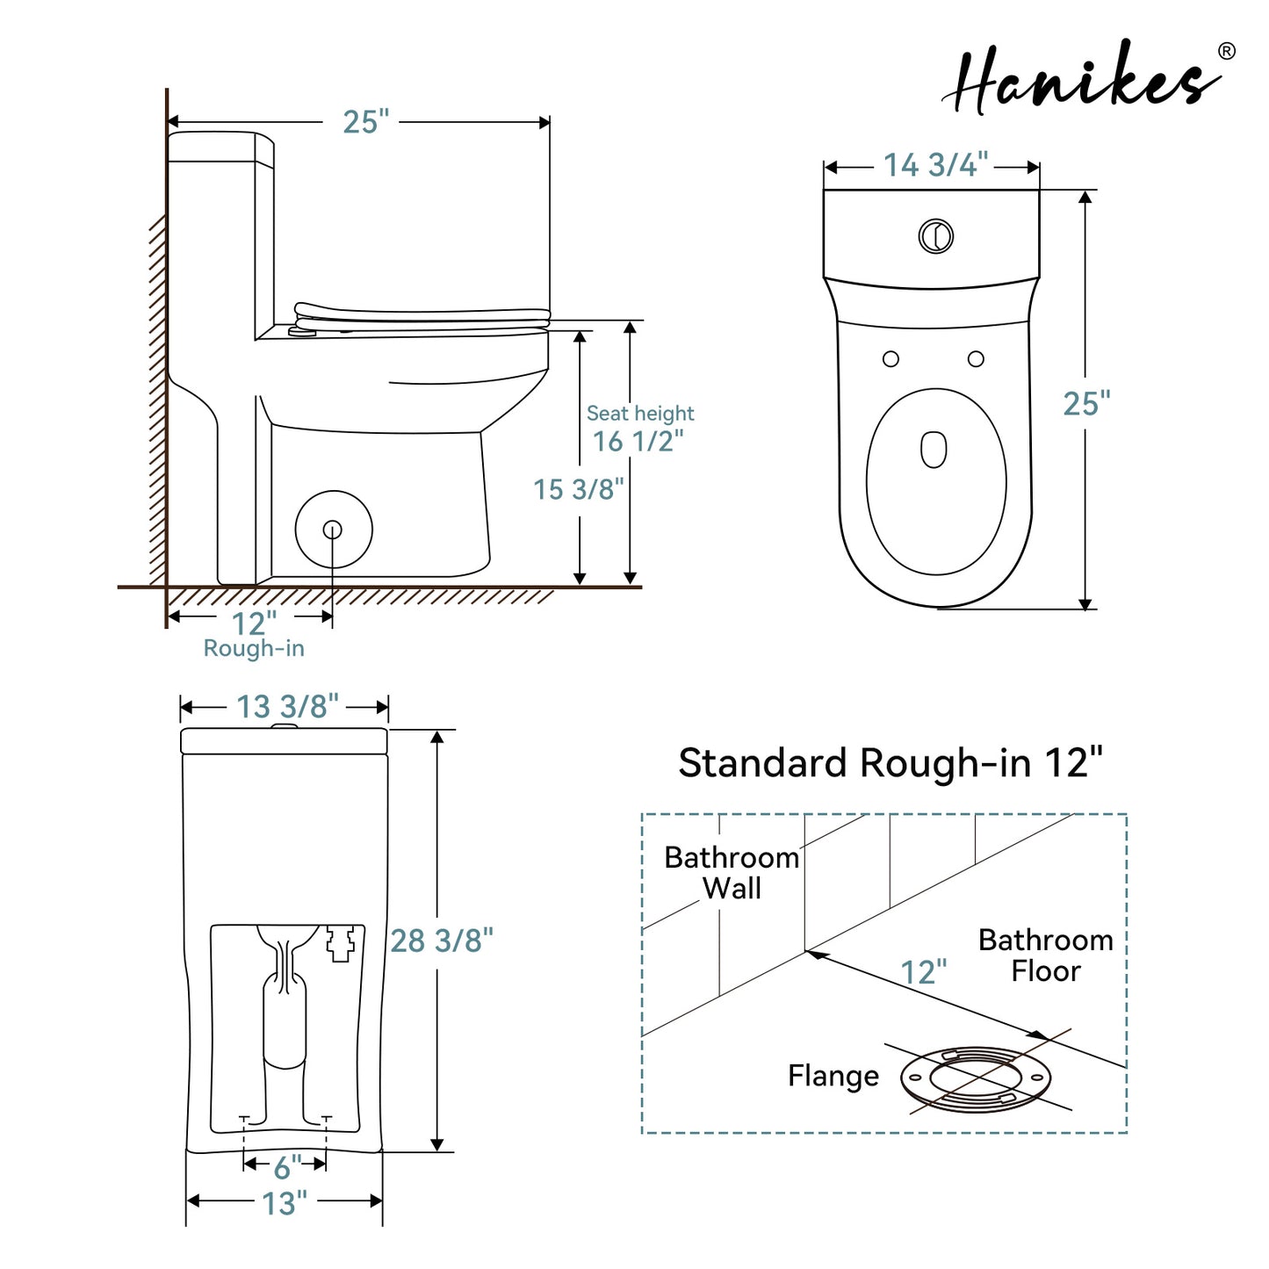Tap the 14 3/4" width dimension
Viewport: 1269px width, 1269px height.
click(x=935, y=164)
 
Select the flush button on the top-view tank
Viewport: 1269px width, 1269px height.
click(x=935, y=235)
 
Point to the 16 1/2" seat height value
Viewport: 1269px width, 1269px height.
click(x=638, y=441)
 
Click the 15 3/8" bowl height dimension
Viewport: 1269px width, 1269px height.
click(x=578, y=489)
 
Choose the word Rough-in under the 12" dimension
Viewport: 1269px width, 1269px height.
click(x=254, y=648)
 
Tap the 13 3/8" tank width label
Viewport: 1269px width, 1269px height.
click(x=287, y=707)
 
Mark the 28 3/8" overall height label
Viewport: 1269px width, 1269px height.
click(x=441, y=941)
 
